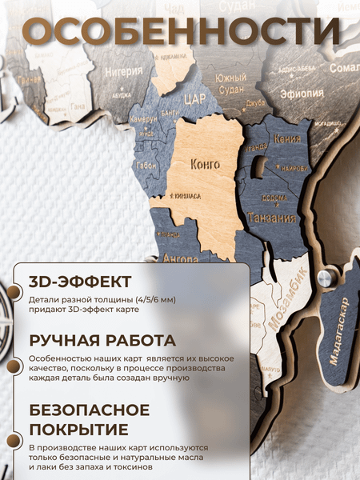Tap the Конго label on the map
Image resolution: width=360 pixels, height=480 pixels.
206,165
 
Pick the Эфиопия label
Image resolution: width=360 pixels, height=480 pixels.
302,94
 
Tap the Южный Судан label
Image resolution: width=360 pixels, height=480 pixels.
231,82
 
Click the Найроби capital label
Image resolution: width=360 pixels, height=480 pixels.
294,169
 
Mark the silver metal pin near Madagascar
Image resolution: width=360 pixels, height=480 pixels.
324,278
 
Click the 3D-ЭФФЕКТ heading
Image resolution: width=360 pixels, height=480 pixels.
79,282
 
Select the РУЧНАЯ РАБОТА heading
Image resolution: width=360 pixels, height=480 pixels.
102,339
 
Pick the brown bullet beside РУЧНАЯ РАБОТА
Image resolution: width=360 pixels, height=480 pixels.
11,366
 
